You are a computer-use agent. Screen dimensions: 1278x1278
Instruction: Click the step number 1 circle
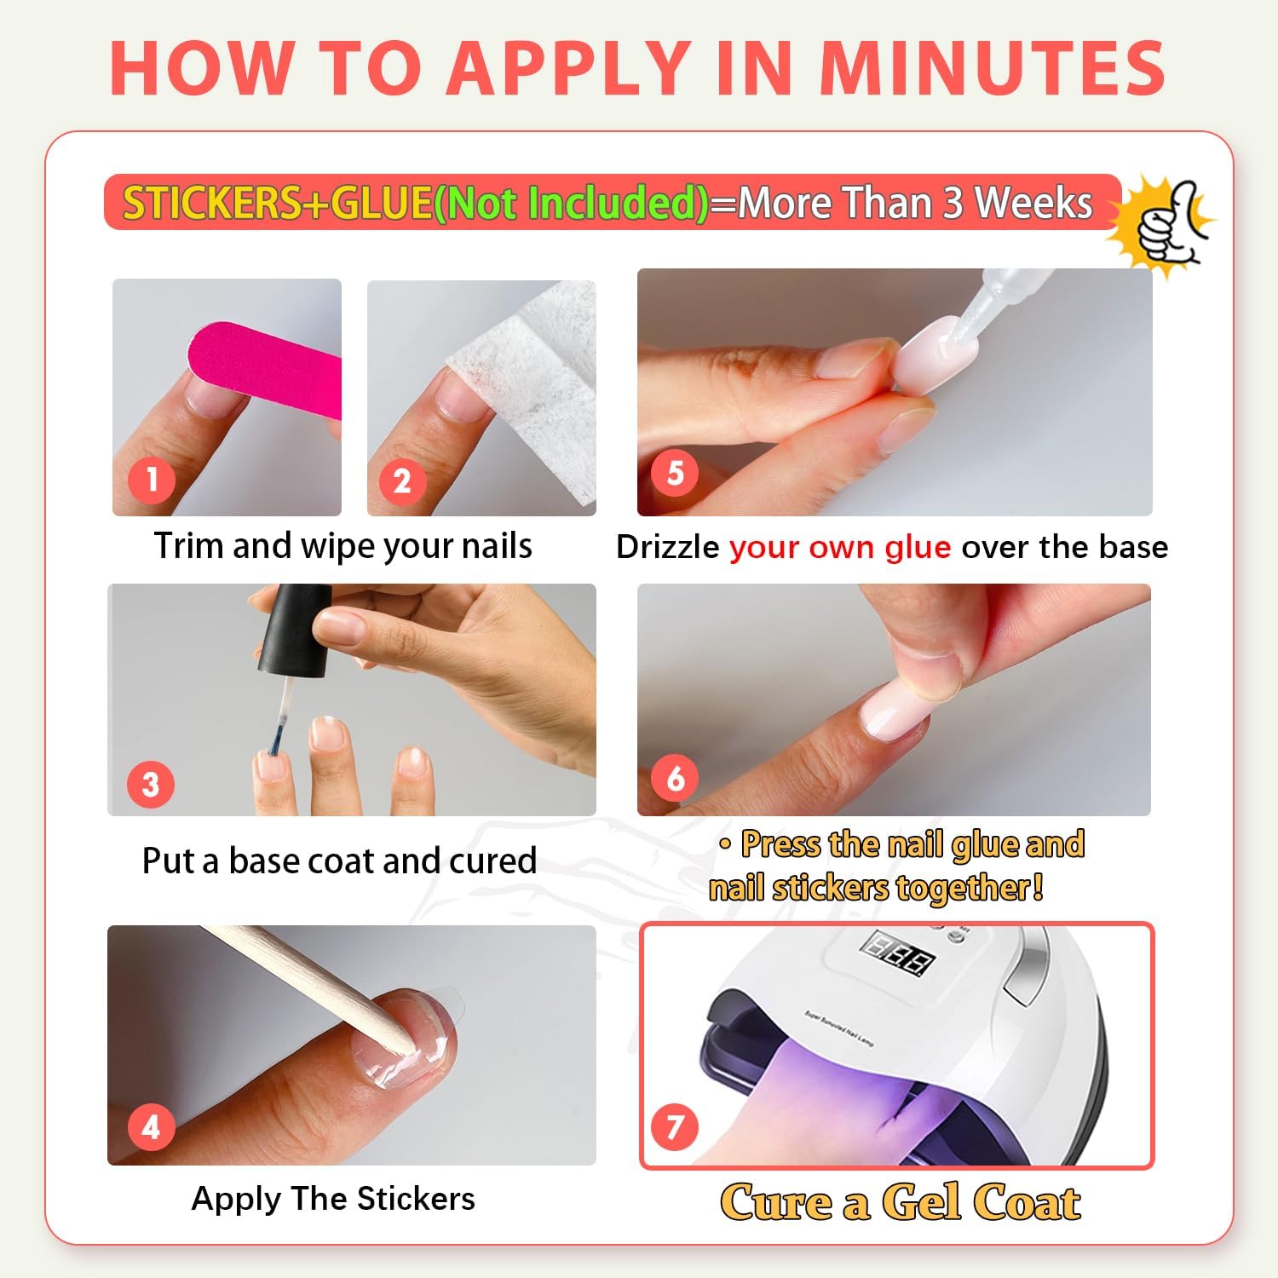click(152, 479)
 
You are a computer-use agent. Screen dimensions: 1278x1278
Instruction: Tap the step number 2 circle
click(402, 481)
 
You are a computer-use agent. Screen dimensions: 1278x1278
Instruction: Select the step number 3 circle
click(151, 784)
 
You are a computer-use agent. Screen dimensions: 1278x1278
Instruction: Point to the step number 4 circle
click(151, 1126)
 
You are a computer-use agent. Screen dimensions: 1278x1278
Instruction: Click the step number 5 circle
click(675, 473)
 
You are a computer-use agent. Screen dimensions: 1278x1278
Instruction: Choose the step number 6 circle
click(675, 778)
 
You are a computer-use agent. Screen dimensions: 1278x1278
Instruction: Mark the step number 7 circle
click(675, 1127)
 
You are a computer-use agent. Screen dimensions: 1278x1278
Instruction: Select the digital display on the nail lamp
click(898, 953)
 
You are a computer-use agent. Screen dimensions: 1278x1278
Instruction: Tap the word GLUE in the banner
click(381, 203)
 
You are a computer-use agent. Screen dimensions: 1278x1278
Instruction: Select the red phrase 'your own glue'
click(840, 548)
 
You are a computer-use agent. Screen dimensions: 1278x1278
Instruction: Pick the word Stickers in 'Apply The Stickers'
click(416, 1199)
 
